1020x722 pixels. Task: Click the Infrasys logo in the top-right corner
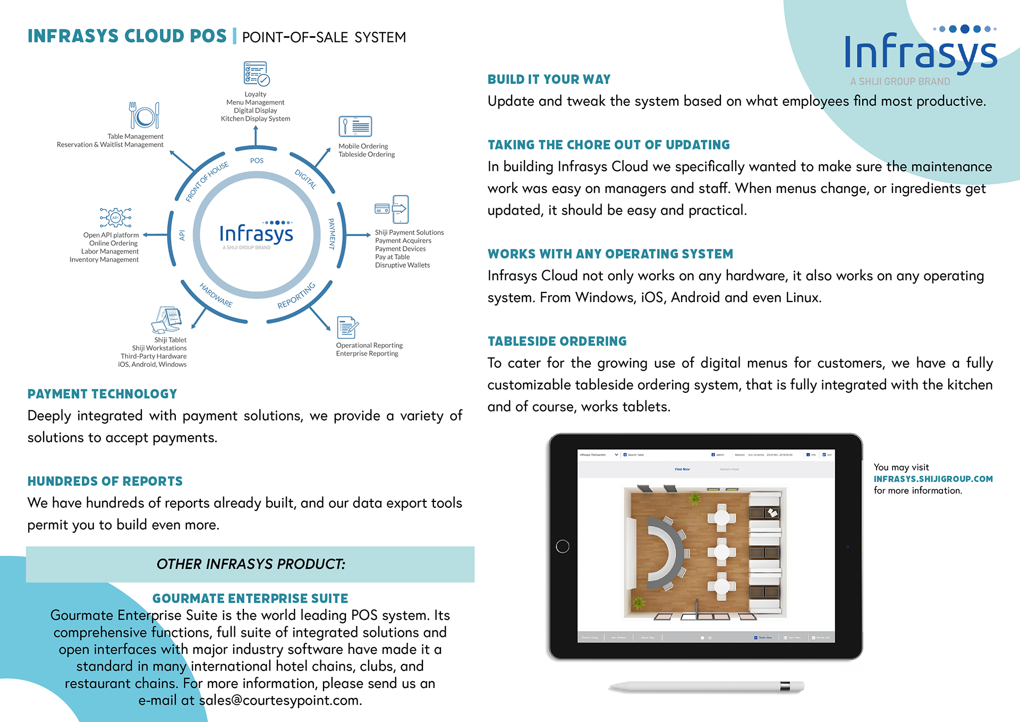click(x=920, y=52)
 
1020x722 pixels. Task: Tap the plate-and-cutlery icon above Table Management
click(x=144, y=115)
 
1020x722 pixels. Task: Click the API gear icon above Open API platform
click(x=115, y=217)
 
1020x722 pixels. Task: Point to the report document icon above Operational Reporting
click(x=347, y=327)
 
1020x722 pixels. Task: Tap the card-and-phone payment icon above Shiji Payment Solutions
click(x=392, y=209)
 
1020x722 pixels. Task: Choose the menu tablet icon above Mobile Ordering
click(x=355, y=127)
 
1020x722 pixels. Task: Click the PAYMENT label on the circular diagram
click(x=332, y=234)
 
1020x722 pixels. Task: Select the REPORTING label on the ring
click(x=296, y=296)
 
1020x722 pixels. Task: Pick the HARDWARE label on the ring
click(x=216, y=295)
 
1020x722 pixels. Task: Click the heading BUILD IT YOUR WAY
click(x=549, y=80)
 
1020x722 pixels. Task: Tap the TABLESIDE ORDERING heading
click(x=557, y=341)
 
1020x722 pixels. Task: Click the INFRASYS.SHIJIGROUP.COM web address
click(x=933, y=479)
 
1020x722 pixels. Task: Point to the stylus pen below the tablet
click(x=706, y=686)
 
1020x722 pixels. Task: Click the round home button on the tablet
click(x=562, y=546)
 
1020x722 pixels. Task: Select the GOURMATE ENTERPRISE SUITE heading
click(x=250, y=599)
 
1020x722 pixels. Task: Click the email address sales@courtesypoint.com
click(x=280, y=701)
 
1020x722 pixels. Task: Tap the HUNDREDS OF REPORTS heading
click(x=105, y=482)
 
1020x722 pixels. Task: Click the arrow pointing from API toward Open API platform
click(x=155, y=234)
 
